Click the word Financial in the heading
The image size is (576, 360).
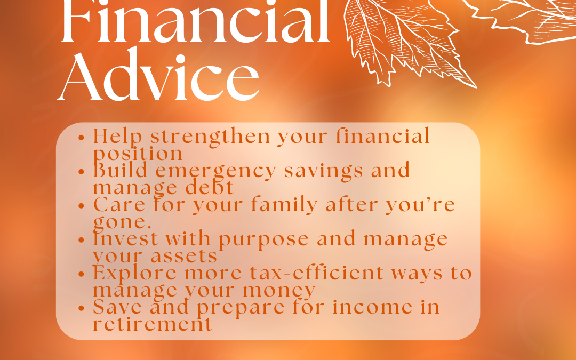pyautogui.click(x=195, y=24)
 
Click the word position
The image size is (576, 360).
pyautogui.click(x=138, y=154)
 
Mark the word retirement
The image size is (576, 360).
pyautogui.click(x=153, y=324)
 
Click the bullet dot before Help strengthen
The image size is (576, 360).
pyautogui.click(x=82, y=137)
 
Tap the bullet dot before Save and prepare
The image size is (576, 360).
pyautogui.click(x=82, y=308)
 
